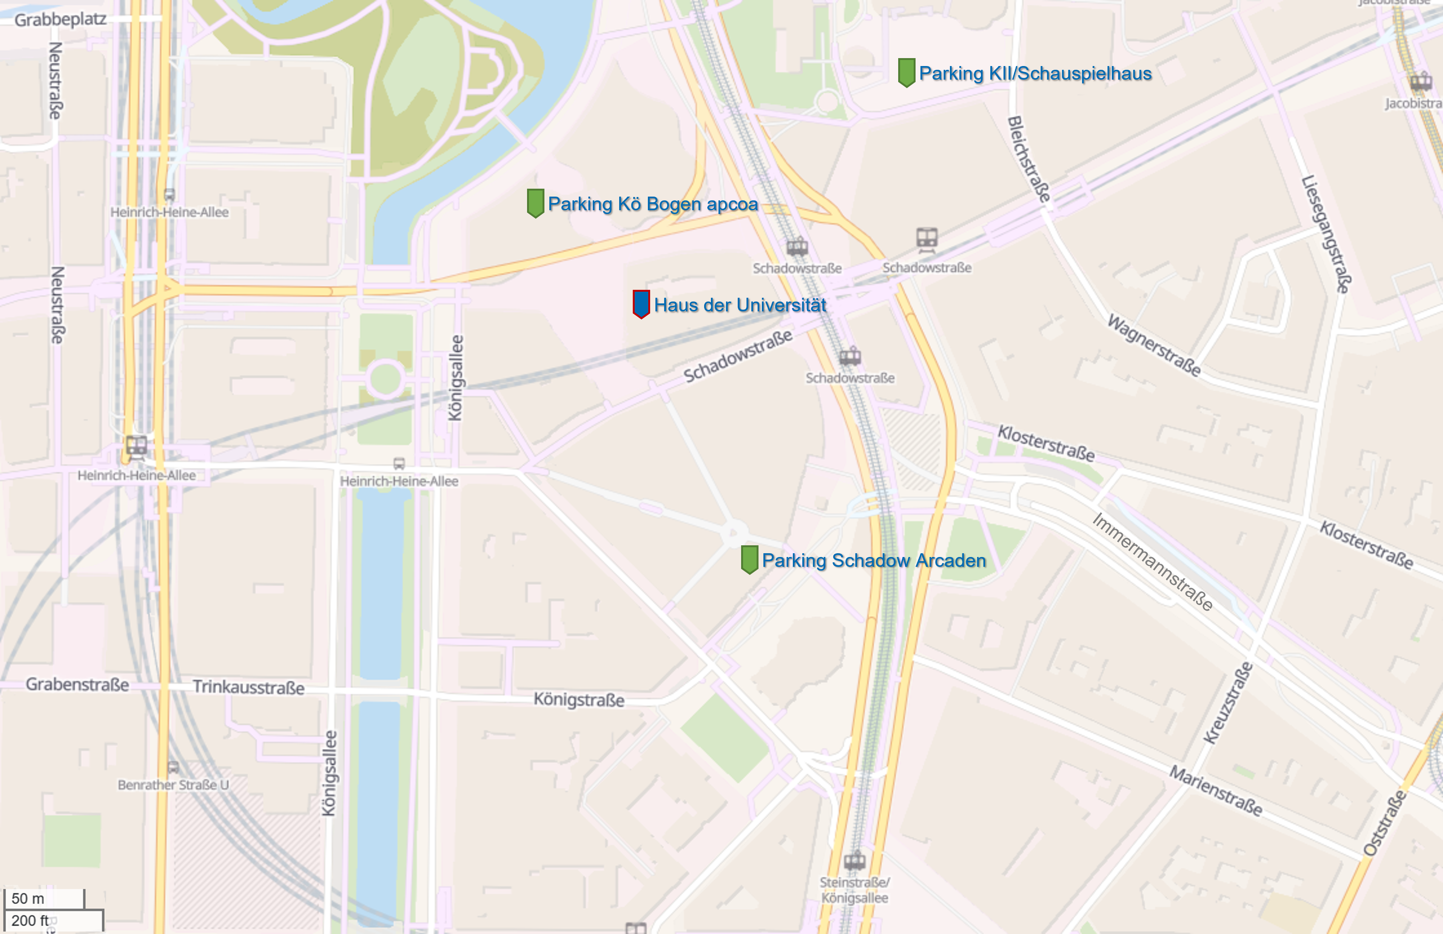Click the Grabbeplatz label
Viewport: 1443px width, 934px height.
(60, 19)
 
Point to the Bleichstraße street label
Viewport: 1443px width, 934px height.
(1028, 159)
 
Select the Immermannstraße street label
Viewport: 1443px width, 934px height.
(1152, 561)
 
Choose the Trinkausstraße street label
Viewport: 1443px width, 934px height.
(248, 687)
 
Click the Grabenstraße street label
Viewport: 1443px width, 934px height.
(77, 684)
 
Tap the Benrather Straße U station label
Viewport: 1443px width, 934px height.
(173, 784)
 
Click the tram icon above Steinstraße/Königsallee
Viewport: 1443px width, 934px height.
(854, 859)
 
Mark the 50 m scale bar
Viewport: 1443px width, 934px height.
(44, 898)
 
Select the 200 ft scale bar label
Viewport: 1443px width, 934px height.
(30, 920)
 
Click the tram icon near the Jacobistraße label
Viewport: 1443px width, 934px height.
(1421, 81)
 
